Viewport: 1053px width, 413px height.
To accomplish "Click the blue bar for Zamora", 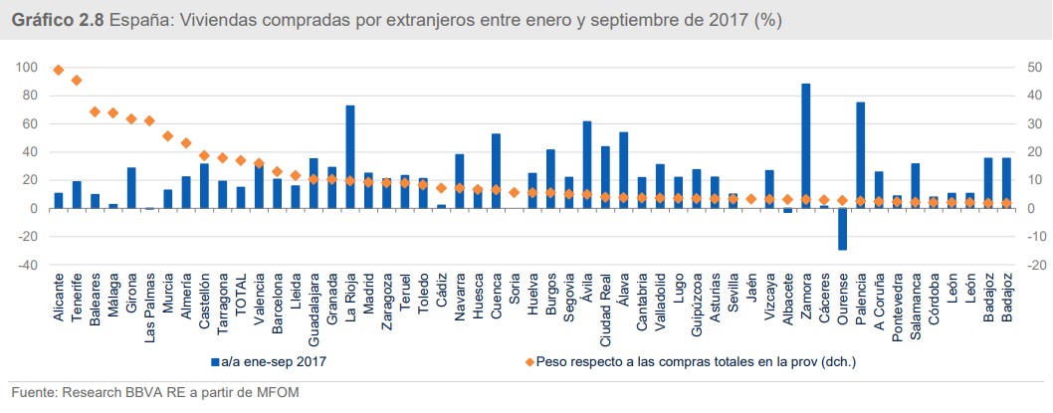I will [x=805, y=146].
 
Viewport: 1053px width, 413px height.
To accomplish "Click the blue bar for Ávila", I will [x=587, y=164].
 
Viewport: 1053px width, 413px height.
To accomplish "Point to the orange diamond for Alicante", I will [x=59, y=70].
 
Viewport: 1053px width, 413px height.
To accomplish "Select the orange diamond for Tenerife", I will [x=77, y=80].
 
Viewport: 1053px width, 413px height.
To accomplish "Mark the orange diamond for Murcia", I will [x=167, y=135].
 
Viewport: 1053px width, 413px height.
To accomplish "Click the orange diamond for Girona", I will [x=131, y=118].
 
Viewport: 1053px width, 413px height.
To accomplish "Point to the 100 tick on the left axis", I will [x=27, y=68].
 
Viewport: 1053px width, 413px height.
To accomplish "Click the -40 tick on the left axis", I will [x=27, y=266].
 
